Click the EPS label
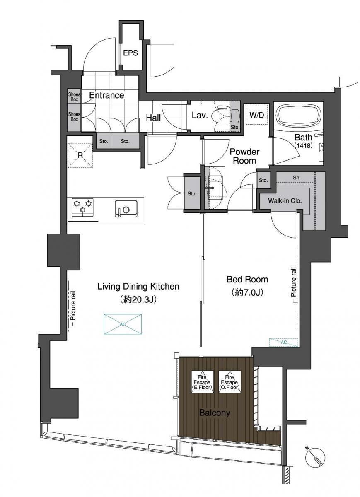pos(130,53)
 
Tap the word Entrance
pos(106,95)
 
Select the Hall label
pos(153,118)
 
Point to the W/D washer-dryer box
pos(257,115)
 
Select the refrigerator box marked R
pos(80,155)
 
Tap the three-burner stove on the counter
pos(82,207)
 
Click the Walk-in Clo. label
pos(285,200)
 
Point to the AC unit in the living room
pos(123,324)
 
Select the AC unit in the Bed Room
pos(284,343)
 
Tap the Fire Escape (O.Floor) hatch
pos(230,382)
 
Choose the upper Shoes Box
pos(74,97)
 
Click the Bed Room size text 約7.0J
pos(247,293)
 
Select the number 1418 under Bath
pos(303,145)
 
